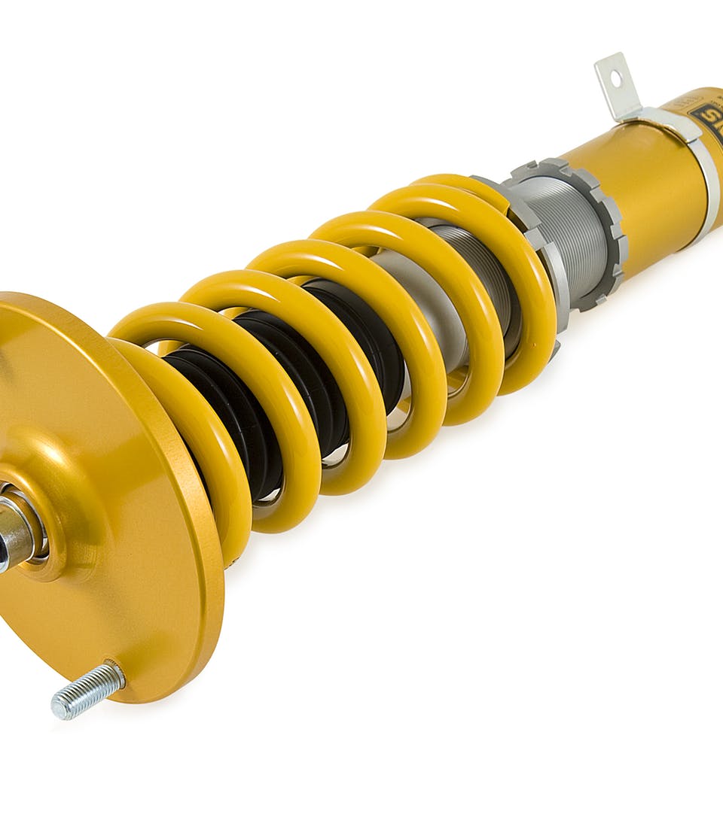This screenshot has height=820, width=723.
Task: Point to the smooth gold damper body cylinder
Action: click(648, 196)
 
